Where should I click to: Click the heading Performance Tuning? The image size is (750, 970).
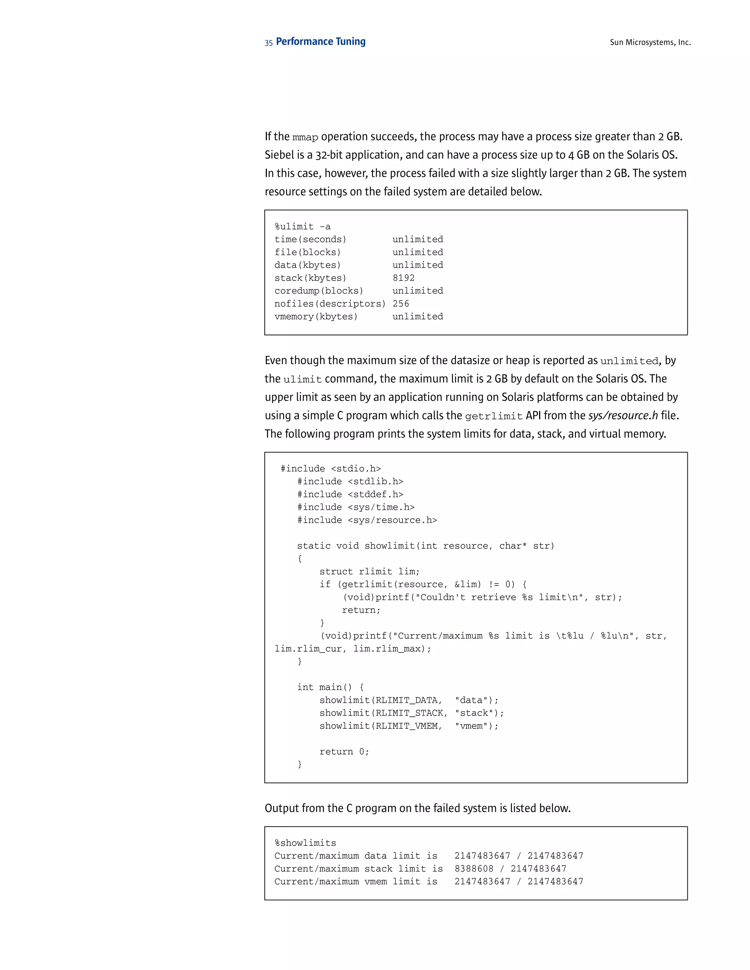click(x=320, y=42)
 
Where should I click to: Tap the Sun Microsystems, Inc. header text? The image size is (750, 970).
click(x=650, y=42)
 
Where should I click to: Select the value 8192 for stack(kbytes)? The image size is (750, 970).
click(x=404, y=278)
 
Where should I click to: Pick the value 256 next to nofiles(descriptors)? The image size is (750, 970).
click(x=401, y=304)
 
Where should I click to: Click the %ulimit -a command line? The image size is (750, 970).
click(x=302, y=227)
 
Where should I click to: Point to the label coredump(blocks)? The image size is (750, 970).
click(x=319, y=291)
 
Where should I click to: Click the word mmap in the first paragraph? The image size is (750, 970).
click(x=305, y=137)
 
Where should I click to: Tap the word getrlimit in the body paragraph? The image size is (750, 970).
click(x=494, y=417)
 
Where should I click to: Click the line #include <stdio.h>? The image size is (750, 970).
click(x=331, y=469)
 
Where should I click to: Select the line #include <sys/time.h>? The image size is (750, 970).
click(x=356, y=507)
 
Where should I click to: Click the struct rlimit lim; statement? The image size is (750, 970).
click(x=369, y=572)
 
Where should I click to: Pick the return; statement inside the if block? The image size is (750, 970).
click(x=361, y=610)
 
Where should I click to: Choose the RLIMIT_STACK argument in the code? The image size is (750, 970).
click(x=409, y=713)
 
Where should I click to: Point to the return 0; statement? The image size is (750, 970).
click(x=344, y=752)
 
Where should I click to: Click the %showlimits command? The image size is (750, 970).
click(x=305, y=843)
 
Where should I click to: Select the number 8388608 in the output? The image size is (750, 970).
click(x=474, y=869)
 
